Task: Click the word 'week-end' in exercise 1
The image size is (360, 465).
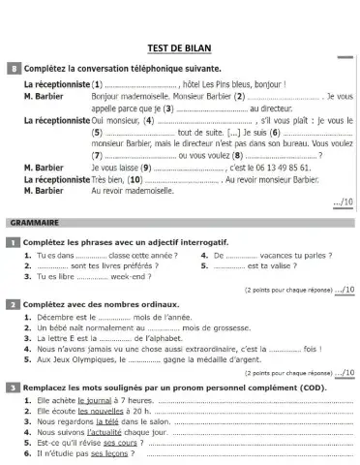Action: point(126,274)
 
